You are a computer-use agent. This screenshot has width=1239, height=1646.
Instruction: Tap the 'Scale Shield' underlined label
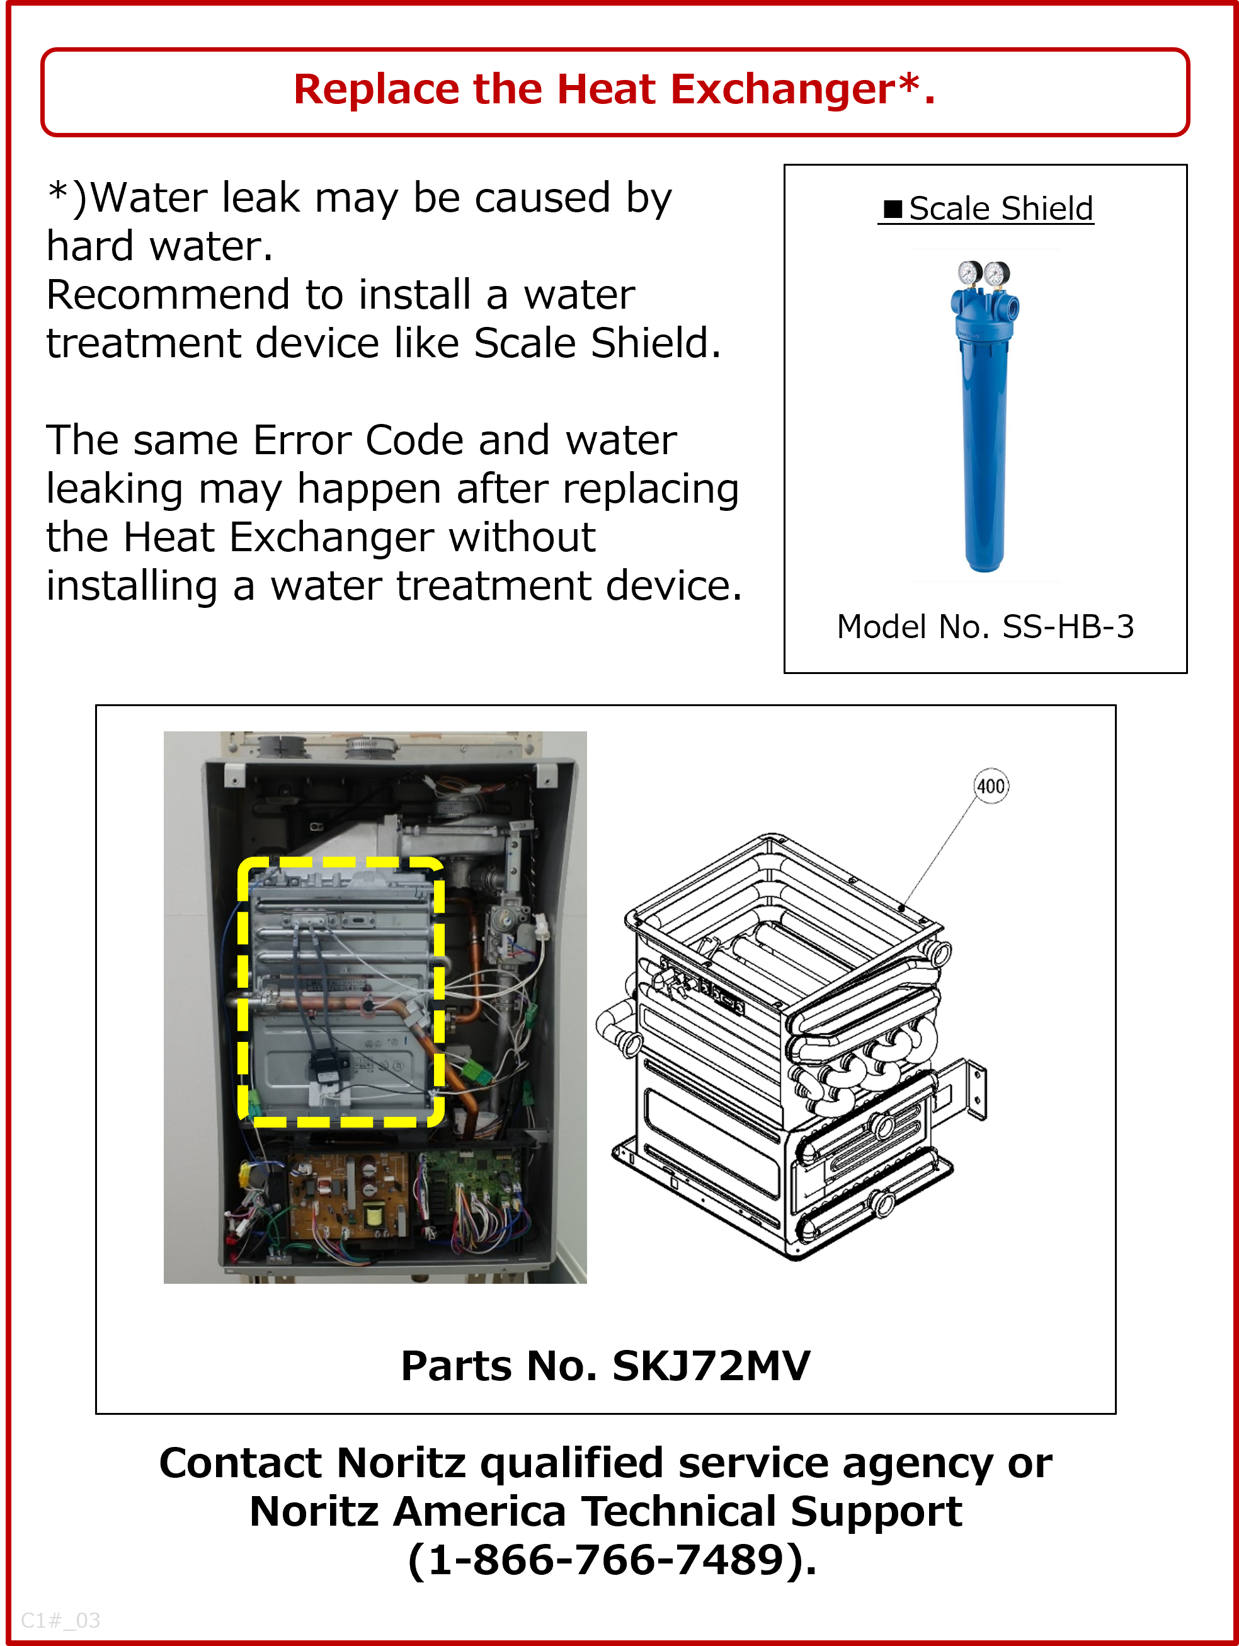pos(1001,209)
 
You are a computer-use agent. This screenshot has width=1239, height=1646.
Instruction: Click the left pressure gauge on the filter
pos(969,273)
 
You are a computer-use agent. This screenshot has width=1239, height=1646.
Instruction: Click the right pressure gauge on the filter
pos(996,274)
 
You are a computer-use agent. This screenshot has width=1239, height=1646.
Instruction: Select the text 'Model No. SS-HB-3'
pos(985,627)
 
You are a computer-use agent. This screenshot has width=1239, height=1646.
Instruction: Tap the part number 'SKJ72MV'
pos(711,1366)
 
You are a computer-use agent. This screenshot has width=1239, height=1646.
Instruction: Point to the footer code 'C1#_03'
pos(60,1620)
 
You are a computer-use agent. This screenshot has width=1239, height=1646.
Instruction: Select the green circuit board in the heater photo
pos(467,1191)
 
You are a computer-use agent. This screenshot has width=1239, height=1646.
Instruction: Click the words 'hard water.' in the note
pos(159,246)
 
